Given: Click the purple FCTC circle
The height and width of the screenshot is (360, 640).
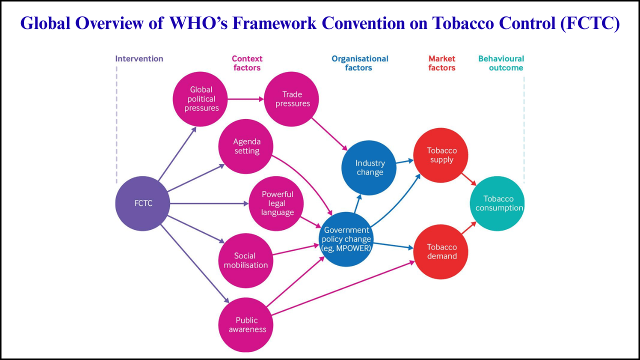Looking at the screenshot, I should (x=143, y=203).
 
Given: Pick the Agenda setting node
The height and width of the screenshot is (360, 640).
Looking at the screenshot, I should (x=246, y=146).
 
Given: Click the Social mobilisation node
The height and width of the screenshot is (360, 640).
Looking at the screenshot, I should (x=245, y=260).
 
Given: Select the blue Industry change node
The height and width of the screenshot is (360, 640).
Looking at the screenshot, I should (x=369, y=168).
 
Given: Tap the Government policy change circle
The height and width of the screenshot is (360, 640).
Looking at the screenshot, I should (x=347, y=239).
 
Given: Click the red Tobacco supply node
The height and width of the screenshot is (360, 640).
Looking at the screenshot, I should (x=441, y=155).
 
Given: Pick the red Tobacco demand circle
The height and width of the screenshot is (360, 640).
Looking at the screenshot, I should (x=441, y=251).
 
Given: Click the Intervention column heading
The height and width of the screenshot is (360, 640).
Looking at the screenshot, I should (x=139, y=58).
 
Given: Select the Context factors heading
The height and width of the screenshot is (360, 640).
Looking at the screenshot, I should (x=247, y=63).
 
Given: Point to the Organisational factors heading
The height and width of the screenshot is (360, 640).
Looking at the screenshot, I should (x=359, y=63).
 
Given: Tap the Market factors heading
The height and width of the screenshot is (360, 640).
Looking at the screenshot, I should (x=441, y=63).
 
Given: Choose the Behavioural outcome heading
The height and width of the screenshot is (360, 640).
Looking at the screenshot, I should (x=501, y=63).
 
